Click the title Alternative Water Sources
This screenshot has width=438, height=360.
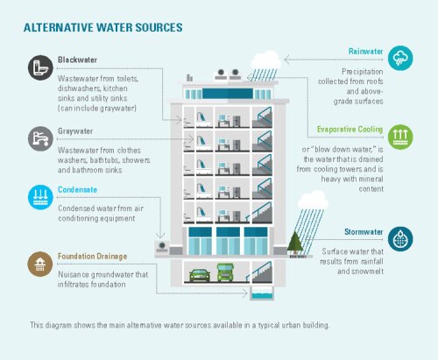102,27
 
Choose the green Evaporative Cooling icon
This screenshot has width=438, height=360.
399,136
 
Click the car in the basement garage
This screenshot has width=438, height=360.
199,274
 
